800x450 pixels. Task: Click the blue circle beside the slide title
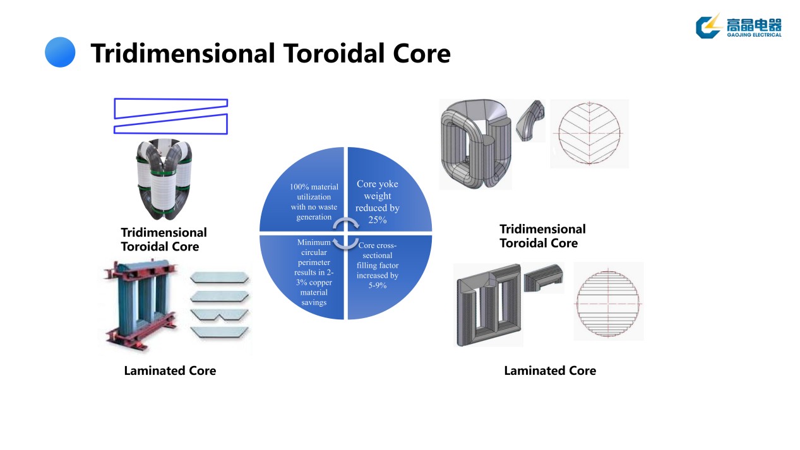point(60,52)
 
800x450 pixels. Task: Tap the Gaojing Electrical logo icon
point(708,26)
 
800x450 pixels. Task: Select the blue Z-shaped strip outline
point(170,116)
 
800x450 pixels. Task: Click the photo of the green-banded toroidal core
point(164,179)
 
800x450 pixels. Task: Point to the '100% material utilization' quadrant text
point(314,202)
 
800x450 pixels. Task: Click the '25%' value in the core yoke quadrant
point(377,220)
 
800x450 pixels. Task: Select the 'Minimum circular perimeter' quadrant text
point(314,272)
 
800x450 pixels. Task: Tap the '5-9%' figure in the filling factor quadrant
point(377,285)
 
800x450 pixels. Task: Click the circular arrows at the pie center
point(346,233)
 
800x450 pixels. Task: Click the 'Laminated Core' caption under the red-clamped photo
point(170,371)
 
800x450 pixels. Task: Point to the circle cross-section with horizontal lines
point(608,302)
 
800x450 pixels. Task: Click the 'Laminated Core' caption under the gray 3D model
point(549,371)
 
